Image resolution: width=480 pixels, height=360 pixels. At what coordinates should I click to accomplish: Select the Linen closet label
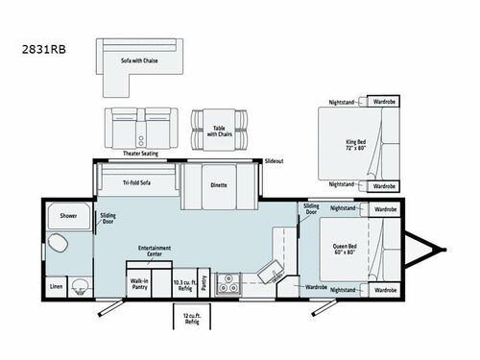57,285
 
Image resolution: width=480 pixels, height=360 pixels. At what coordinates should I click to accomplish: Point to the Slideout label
274,161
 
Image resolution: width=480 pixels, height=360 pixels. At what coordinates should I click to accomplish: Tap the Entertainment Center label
155,250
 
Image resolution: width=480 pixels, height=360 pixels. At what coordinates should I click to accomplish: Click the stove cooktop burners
230,282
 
